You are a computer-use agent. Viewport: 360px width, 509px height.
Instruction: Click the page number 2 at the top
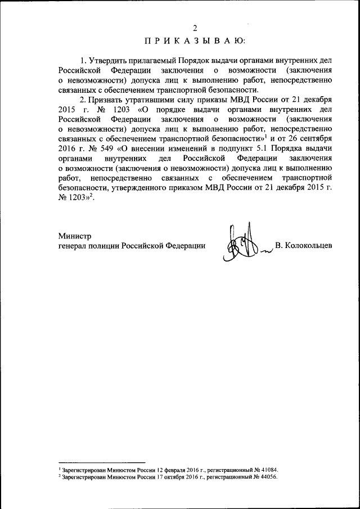pos(195,28)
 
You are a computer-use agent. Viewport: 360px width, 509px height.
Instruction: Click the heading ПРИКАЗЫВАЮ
pos(195,40)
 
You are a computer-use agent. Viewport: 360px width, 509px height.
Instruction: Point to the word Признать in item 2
pos(109,100)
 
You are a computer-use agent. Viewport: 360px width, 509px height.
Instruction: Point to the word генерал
pos(73,246)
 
